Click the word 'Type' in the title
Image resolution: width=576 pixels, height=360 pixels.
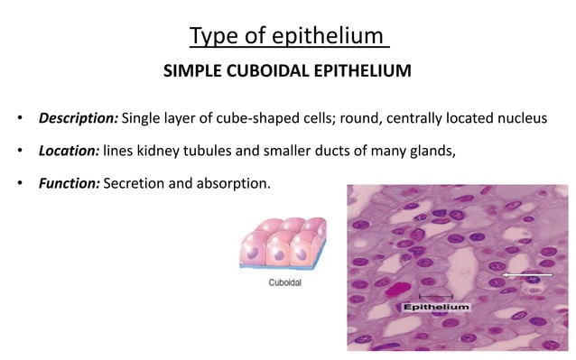pos(211,37)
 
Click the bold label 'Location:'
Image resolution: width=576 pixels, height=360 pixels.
pos(69,151)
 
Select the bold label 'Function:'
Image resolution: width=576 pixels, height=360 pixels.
pos(69,183)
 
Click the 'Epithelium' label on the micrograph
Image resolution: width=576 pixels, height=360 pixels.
pos(436,308)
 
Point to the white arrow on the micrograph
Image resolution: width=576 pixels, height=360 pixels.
pos(527,273)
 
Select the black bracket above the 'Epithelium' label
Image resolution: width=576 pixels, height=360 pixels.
pos(436,296)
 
